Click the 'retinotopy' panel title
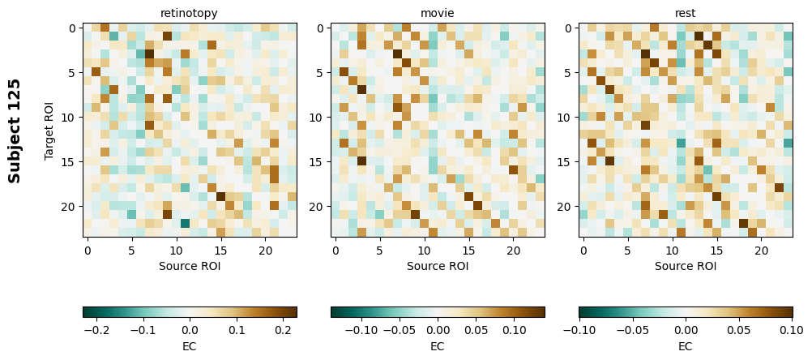coord(190,13)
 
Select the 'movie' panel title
coord(438,13)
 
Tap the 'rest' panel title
coord(686,13)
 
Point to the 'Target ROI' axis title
coord(49,130)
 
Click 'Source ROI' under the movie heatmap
coord(438,266)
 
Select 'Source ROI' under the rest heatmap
coord(686,266)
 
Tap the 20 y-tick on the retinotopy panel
coord(71,207)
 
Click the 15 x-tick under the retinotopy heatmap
coord(221,251)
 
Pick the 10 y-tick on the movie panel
coord(318,118)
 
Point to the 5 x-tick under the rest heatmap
coord(628,251)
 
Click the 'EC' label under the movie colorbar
coord(438,346)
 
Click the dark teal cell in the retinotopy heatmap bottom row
coord(186,224)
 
